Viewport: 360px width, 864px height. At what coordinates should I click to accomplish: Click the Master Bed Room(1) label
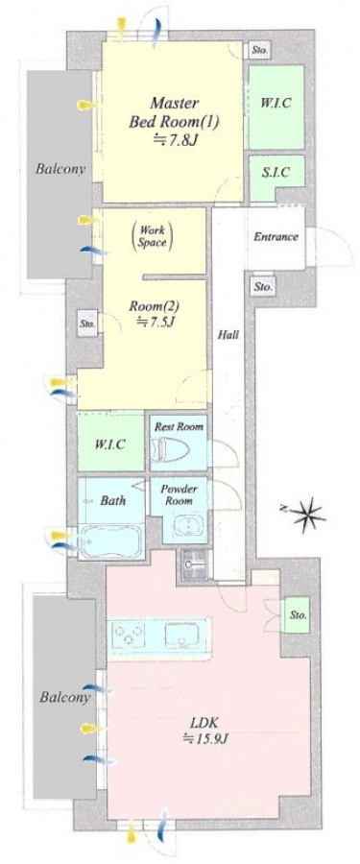point(174,112)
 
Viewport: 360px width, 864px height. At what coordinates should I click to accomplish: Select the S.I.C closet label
point(276,173)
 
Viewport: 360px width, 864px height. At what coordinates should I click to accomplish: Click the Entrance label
point(276,237)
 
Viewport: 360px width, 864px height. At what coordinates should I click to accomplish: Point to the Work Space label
point(152,236)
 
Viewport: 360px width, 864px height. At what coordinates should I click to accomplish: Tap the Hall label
point(228,334)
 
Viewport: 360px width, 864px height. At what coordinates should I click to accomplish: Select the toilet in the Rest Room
point(171,448)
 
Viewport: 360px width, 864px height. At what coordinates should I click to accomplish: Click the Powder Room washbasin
point(186,526)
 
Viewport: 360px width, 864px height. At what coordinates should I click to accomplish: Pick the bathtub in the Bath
point(110,541)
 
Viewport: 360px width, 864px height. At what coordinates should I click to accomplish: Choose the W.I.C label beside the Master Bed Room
point(276,103)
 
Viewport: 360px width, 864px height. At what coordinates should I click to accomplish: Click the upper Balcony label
point(60,169)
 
